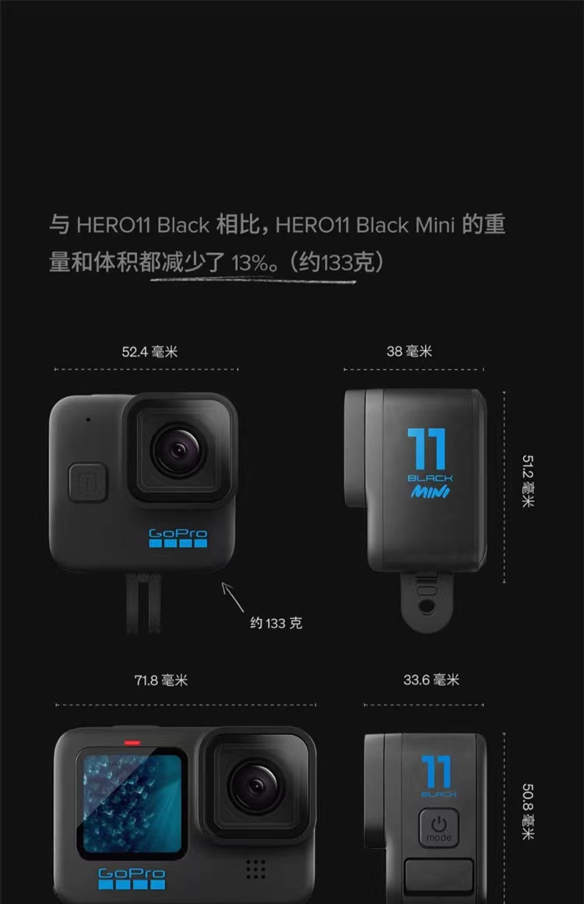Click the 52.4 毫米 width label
coord(150,352)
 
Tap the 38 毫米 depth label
coord(410,351)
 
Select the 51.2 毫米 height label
coord(527,481)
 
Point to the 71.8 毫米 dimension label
coord(161,681)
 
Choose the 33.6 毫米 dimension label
coord(431,680)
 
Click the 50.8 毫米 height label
coord(527,811)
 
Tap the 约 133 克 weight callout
coord(276,623)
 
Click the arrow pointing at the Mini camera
coord(233,597)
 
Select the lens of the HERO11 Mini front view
coord(179,450)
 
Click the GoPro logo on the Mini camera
coord(178,538)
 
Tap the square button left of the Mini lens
coord(88,482)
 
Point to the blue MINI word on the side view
coord(430,492)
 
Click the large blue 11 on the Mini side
coord(427,448)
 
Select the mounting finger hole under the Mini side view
coord(427,607)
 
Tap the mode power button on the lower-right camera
coord(438,828)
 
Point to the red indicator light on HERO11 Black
coord(132,743)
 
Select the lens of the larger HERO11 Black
coord(255,786)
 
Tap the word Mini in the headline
coord(435,224)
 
